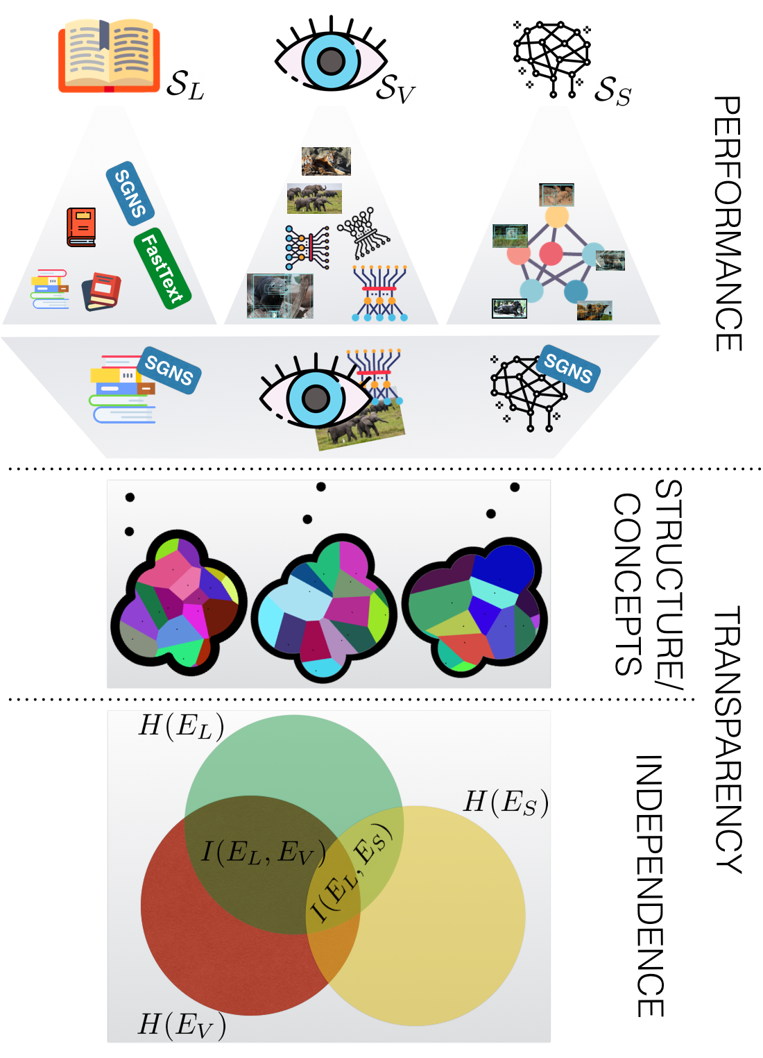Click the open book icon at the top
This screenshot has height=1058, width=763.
coord(108,56)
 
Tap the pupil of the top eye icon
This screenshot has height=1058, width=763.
coord(331,60)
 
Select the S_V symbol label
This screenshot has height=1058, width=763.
coord(395,88)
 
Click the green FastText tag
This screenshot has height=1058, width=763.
coord(162,268)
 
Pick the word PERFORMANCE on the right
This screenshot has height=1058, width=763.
coord(728,224)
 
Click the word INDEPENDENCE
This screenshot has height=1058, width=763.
coord(650,886)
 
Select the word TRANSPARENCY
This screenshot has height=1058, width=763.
coord(728,739)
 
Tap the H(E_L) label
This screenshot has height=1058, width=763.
coord(181,726)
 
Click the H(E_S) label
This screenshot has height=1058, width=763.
coord(506,803)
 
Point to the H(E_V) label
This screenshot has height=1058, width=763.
coord(182,1025)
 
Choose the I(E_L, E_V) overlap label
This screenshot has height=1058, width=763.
coord(263,853)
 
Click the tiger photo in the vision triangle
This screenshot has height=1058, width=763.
coord(326,161)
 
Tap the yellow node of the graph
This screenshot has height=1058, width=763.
coord(556,216)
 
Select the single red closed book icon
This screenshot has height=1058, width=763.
coord(81,227)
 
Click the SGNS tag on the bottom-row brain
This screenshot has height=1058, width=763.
coord(568,368)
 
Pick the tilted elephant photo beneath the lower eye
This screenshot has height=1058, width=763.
coord(360,425)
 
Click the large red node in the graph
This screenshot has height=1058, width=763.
coord(551,253)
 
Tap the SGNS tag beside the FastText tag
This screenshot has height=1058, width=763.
coord(130,194)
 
